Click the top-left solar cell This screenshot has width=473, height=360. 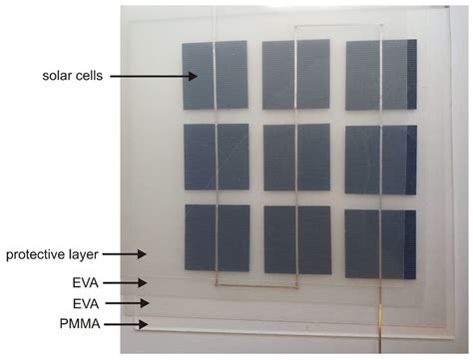point(215,75)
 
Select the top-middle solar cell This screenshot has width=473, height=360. point(295,74)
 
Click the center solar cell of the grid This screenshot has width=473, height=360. point(296,156)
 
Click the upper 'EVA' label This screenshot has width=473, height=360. point(86,282)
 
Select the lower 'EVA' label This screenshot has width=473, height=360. point(86,302)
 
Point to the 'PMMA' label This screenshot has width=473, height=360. point(81,324)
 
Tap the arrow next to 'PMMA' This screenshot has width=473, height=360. point(125,324)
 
